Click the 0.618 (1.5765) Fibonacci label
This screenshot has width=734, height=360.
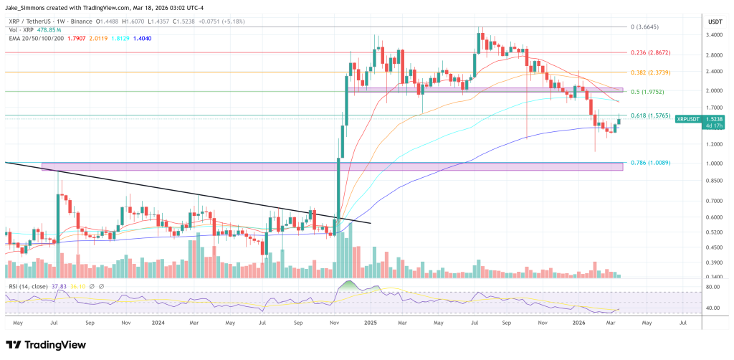pyautogui.click(x=650, y=115)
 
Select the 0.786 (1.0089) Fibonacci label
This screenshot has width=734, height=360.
pyautogui.click(x=650, y=163)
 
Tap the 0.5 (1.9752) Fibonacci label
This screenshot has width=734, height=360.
pyautogui.click(x=648, y=91)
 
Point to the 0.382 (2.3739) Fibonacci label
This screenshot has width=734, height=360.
pyautogui.click(x=650, y=72)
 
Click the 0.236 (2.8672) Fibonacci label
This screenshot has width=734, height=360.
pyautogui.click(x=650, y=52)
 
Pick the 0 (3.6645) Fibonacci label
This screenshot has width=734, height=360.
pyautogui.click(x=645, y=27)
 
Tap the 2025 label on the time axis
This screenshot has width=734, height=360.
pyautogui.click(x=371, y=324)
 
